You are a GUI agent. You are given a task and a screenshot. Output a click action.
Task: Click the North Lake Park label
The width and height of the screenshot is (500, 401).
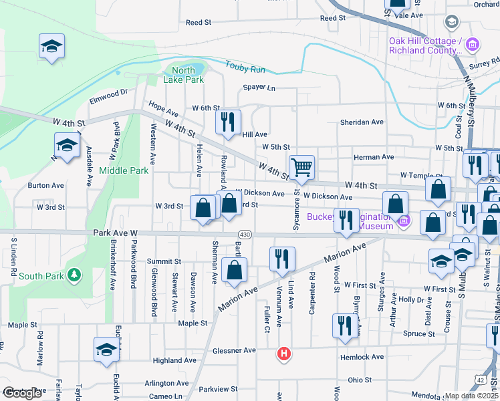[183, 75]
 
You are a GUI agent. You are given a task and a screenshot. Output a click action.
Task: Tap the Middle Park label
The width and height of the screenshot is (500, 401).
[124, 170]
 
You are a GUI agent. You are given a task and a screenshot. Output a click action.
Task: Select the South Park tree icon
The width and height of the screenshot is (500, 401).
[76, 275]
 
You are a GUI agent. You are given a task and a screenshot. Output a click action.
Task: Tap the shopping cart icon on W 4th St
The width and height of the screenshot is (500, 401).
[302, 166]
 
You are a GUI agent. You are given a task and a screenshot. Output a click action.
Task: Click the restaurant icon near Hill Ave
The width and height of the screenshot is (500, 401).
[227, 121]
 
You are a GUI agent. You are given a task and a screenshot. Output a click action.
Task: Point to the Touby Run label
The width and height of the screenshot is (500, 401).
[245, 68]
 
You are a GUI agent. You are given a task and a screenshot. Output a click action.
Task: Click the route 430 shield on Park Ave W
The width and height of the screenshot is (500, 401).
[245, 235]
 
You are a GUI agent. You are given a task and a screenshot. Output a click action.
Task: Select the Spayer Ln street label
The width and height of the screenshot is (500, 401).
[259, 88]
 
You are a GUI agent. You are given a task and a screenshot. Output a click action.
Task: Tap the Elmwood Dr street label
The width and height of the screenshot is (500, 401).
[108, 97]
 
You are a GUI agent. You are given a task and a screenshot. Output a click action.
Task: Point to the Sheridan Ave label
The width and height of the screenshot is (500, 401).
[362, 122]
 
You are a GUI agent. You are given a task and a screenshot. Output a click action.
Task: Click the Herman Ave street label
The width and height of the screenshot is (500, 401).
[374, 157]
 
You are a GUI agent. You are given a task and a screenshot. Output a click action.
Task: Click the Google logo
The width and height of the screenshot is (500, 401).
[23, 393]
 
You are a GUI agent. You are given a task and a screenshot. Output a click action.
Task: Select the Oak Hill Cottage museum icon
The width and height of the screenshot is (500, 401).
[473, 45]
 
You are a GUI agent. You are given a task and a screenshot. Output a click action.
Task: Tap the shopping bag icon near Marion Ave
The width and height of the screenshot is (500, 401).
[235, 270]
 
